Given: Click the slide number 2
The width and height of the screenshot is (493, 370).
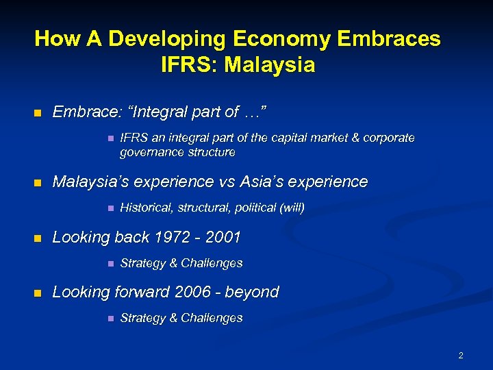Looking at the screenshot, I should [461, 355].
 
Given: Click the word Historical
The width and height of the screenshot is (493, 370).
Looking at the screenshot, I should [144, 207].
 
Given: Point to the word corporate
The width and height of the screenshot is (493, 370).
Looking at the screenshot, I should [390, 138].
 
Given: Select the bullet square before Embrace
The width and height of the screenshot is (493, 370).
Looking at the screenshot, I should [38, 112].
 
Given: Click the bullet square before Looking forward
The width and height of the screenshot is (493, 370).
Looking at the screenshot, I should [38, 293].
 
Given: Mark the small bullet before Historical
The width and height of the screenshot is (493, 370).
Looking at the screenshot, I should [110, 208].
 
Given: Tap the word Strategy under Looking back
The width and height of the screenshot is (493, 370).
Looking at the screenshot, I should [140, 263].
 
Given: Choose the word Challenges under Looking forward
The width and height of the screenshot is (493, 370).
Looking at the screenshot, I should [211, 318].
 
